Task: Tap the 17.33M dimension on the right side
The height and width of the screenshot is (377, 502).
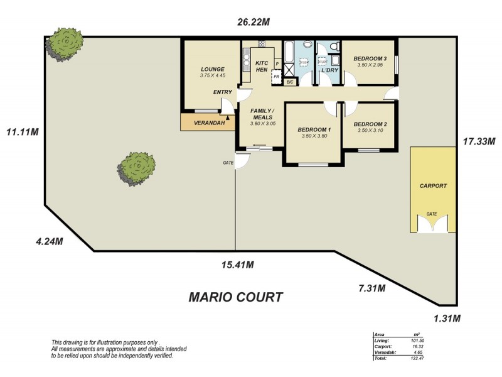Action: (x=478, y=141)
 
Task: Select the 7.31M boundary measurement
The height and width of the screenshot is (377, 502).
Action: (x=371, y=288)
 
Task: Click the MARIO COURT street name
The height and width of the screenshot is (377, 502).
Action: (x=235, y=297)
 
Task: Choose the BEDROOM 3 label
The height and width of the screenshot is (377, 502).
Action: (x=370, y=58)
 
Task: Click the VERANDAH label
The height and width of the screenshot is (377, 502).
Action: (x=209, y=123)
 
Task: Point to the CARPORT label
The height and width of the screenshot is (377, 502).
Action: (x=433, y=186)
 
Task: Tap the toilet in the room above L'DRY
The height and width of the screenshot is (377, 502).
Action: (x=334, y=46)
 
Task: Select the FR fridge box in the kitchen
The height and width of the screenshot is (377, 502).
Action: (x=276, y=76)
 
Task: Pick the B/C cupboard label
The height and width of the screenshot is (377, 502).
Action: (x=290, y=82)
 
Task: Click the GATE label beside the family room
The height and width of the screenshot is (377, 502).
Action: (x=228, y=163)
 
